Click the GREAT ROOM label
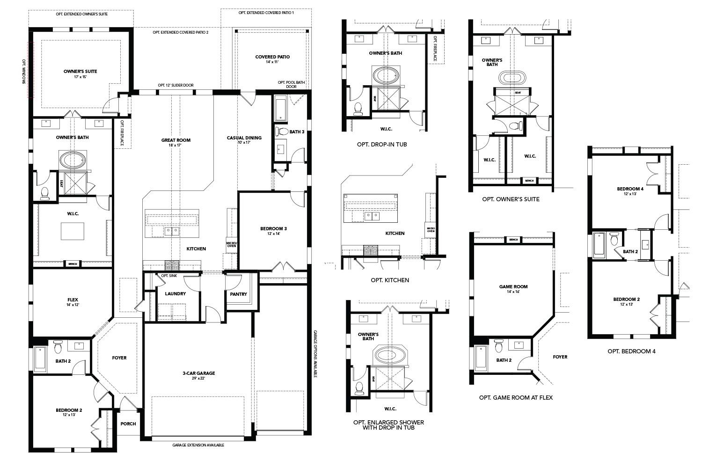(175, 140)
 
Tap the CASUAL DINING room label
(244, 138)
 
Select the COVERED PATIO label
(272, 57)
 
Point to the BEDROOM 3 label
(273, 229)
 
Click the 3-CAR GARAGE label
(199, 373)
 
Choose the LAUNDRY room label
(175, 294)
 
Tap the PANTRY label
(238, 294)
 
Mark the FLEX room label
(73, 300)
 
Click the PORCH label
(128, 424)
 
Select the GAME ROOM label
(513, 287)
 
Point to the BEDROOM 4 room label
(630, 189)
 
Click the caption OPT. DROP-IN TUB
(381, 145)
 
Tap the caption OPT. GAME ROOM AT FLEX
(516, 398)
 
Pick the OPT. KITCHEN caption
(390, 280)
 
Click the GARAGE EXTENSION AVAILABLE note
(198, 445)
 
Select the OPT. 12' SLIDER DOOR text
(175, 85)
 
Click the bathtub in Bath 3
(280, 109)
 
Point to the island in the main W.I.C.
(73, 231)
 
